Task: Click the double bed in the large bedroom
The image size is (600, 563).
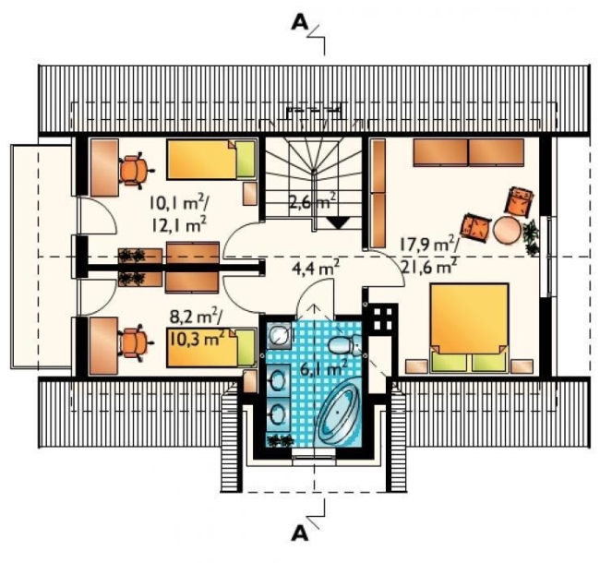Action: pos(470,328)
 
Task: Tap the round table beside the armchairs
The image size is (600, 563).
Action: pos(507,230)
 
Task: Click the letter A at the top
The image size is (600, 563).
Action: pos(300,23)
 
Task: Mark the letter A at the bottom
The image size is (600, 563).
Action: pos(300,533)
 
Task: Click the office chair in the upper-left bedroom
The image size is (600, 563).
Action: pos(134,171)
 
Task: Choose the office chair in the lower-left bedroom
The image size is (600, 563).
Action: pos(135,342)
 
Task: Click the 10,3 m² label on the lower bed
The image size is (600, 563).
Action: pos(196,339)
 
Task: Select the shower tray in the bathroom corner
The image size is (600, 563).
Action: pos(279,335)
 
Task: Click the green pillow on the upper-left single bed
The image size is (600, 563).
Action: pos(246,160)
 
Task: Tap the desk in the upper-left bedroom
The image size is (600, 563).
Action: pos(104,168)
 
